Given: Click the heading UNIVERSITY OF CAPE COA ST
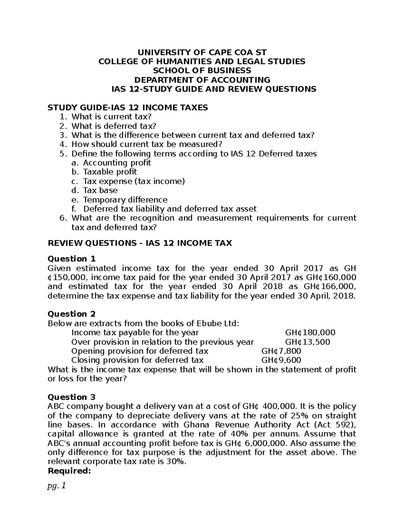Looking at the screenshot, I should (x=202, y=52).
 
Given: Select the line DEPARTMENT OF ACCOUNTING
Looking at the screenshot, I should (x=202, y=80).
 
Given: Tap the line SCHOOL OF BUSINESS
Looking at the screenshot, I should (x=202, y=70).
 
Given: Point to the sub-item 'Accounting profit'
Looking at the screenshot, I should (x=117, y=163).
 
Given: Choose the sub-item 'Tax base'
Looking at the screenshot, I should (x=100, y=190).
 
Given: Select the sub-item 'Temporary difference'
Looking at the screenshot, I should (x=125, y=200).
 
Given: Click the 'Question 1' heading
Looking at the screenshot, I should (x=72, y=259).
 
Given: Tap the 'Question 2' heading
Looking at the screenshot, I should (x=72, y=314).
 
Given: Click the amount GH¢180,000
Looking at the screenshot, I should (x=310, y=333).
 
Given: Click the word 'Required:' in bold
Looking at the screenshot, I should (x=69, y=471).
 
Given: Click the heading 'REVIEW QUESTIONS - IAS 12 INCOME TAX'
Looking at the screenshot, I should (x=140, y=243).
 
